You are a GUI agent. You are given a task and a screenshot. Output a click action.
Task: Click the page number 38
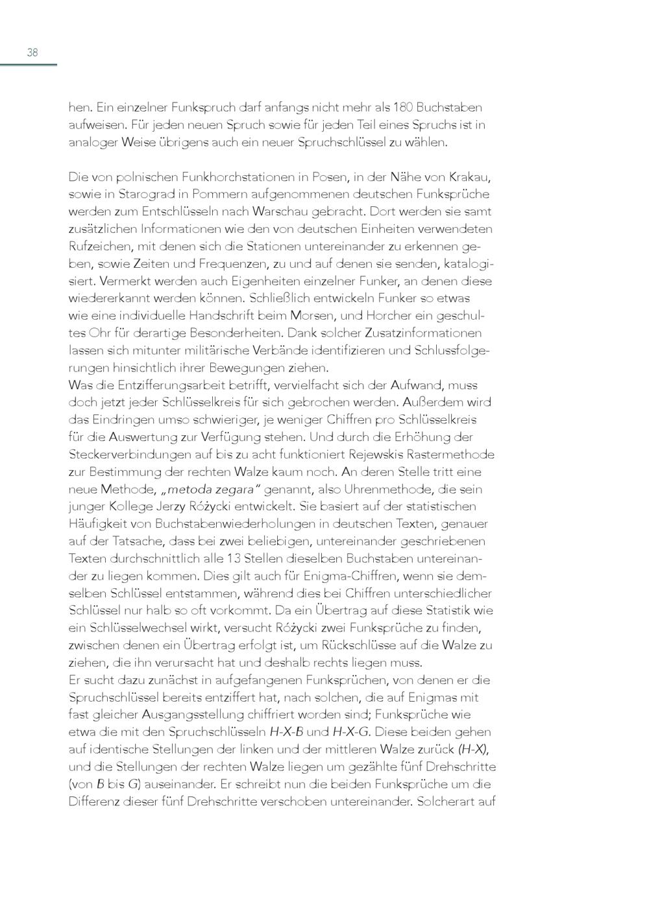pyautogui.click(x=32, y=53)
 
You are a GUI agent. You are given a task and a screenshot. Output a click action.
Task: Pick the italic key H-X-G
pyautogui.click(x=350, y=732)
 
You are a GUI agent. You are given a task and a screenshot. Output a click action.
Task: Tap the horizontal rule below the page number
pyautogui.click(x=29, y=65)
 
